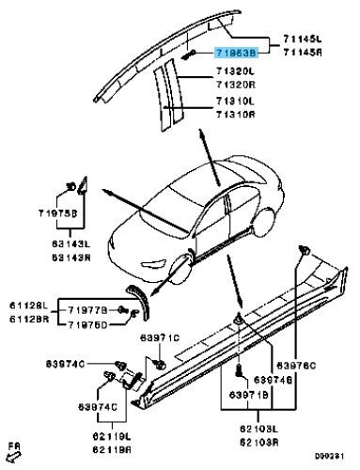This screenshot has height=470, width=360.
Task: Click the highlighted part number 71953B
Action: [236, 55]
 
